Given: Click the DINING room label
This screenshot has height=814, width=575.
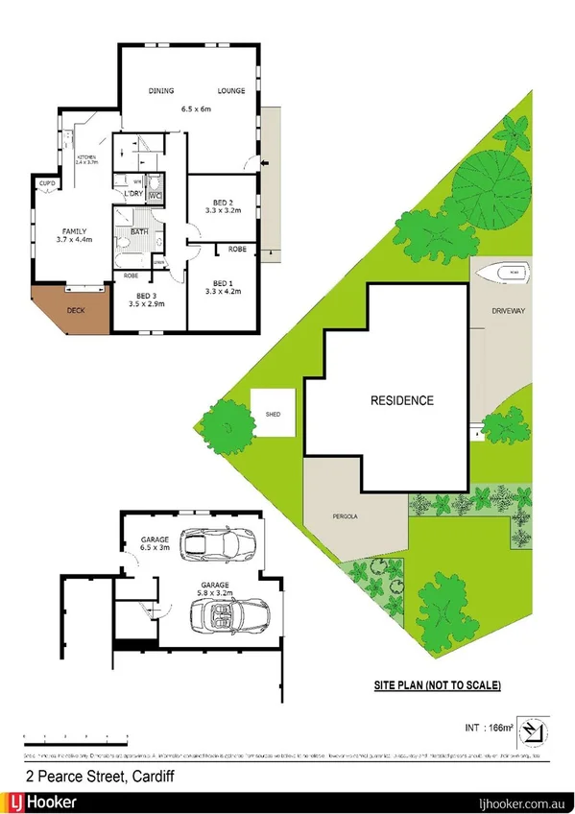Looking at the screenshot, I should coord(160,91).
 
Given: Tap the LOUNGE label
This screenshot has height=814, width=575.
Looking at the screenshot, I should coord(230,91).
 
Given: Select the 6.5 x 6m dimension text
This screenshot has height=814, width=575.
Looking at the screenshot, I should coord(195,108).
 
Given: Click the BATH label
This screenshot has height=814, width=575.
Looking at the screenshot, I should coord(139,231).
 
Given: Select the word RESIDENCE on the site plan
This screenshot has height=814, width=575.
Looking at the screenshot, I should coord(402,400).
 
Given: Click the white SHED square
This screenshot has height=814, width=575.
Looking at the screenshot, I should coord(272,413).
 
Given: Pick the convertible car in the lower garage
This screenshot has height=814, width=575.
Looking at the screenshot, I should coord(235,614).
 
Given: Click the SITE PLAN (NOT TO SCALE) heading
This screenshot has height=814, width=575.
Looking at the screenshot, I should coord(437,685).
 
